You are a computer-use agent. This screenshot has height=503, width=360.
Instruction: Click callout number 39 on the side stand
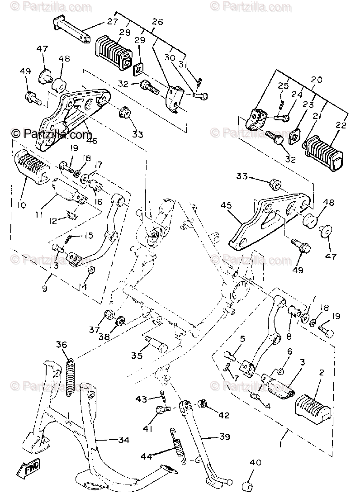[x=225, y=437]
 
